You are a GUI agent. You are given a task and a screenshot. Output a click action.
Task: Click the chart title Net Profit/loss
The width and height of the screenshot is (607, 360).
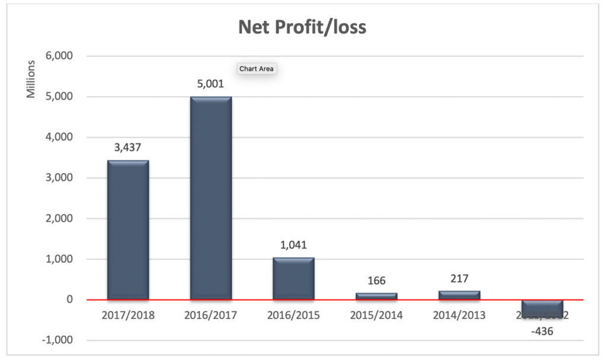pyautogui.click(x=302, y=27)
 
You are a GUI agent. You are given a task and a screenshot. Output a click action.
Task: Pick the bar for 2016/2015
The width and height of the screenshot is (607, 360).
pyautogui.click(x=293, y=278)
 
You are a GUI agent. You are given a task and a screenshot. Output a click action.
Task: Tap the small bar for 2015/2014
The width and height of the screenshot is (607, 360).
pyautogui.click(x=376, y=295)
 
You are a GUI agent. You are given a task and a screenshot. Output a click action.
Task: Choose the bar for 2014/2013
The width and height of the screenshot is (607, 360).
pyautogui.click(x=459, y=295)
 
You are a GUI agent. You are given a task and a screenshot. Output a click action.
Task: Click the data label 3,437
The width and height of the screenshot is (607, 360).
pyautogui.click(x=127, y=147)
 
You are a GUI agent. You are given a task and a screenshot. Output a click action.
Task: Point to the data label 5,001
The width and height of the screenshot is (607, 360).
pyautogui.click(x=210, y=84)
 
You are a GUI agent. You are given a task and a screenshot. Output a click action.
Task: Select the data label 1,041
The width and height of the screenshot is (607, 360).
pyautogui.click(x=293, y=244)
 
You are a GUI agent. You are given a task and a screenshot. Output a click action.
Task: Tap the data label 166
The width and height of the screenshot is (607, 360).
pyautogui.click(x=376, y=280)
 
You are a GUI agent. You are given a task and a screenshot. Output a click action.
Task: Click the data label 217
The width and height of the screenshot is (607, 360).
pyautogui.click(x=459, y=278)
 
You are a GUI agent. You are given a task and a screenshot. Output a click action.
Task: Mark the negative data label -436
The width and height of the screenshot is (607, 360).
pyautogui.click(x=542, y=331)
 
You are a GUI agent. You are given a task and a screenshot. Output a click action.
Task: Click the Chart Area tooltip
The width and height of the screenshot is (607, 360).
pyautogui.click(x=257, y=69)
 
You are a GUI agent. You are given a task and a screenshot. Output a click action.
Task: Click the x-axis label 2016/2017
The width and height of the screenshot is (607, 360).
pyautogui.click(x=210, y=315)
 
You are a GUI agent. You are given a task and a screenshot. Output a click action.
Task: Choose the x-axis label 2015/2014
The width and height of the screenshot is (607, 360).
pyautogui.click(x=376, y=315)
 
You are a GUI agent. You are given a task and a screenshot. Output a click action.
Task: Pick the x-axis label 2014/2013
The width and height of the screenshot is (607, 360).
pyautogui.click(x=459, y=315)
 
